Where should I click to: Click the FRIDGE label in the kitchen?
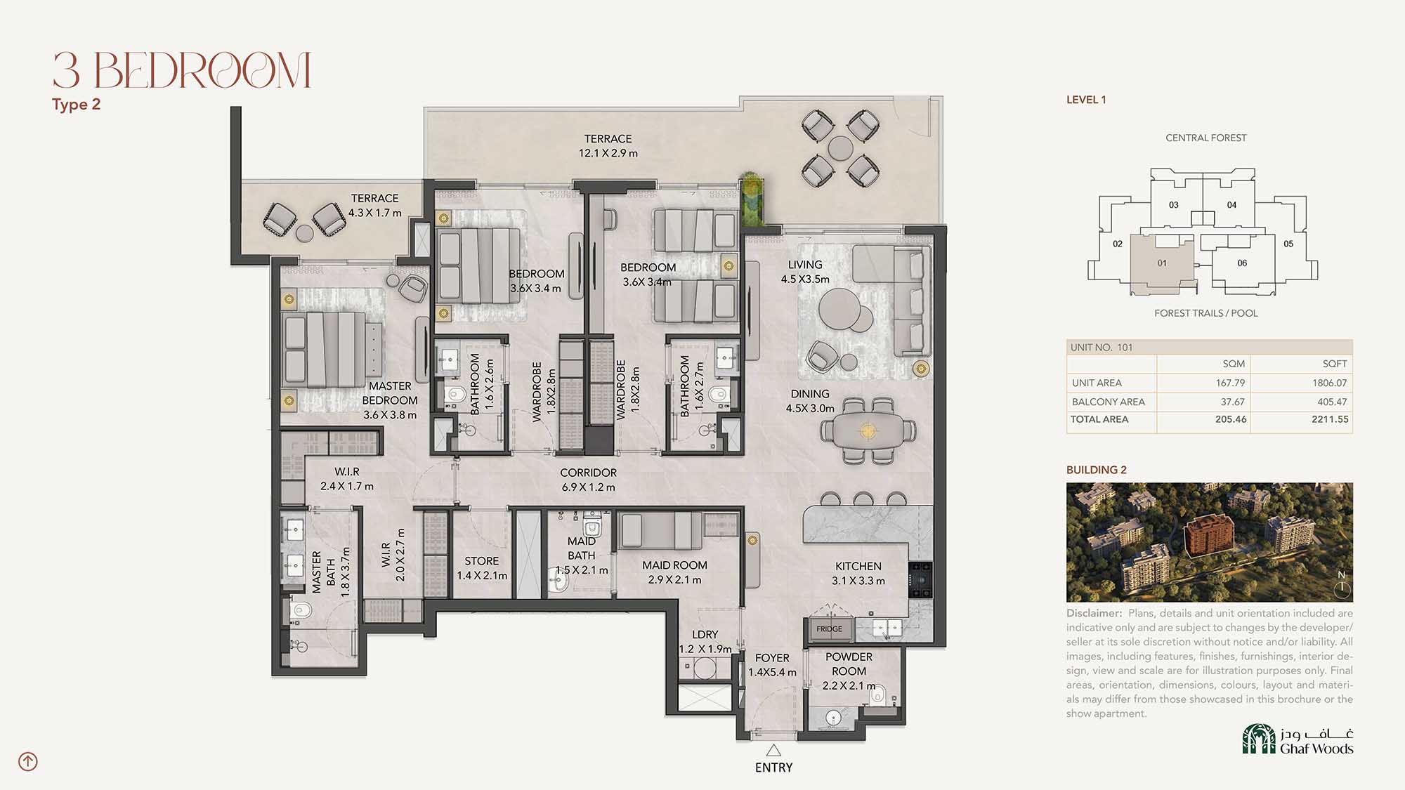[x=829, y=628]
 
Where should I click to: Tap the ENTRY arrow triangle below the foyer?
[x=773, y=750]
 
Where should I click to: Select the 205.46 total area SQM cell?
[x=1231, y=419]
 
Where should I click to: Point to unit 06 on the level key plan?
[x=1242, y=263]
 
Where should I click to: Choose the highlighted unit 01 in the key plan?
[x=1161, y=263]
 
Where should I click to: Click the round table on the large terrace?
[x=840, y=148]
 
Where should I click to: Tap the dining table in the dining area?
[x=868, y=430]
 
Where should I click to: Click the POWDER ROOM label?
[x=849, y=664]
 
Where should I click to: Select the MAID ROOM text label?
[x=674, y=565]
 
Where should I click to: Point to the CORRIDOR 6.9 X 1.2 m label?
[x=588, y=480]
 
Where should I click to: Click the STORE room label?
[x=482, y=561]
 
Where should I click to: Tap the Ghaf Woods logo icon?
[x=1259, y=739]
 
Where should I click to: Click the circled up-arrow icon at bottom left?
[x=28, y=761]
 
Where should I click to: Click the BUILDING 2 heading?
[x=1096, y=470]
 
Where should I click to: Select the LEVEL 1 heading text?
[x=1086, y=100]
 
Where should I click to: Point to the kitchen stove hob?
[x=920, y=579]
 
